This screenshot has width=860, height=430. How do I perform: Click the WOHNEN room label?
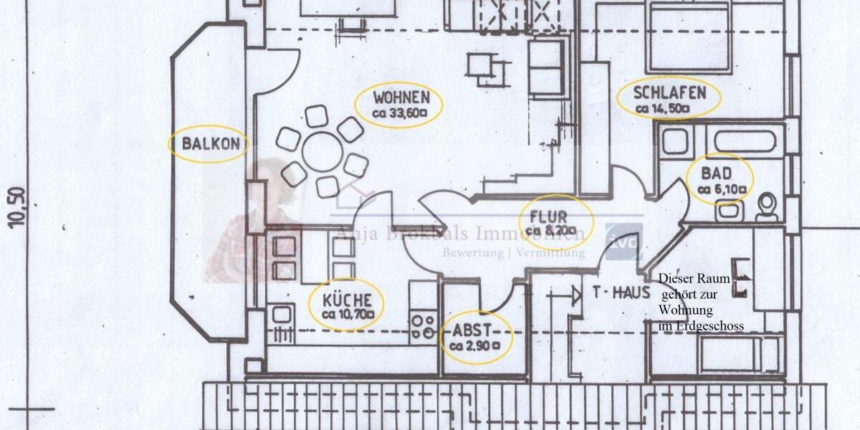401,97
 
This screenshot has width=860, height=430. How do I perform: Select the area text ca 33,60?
399,113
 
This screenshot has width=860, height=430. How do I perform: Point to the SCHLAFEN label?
669,93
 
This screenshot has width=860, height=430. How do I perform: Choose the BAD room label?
717,173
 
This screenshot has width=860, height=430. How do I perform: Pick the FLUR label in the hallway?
549,216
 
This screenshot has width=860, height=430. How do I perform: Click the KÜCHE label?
347,300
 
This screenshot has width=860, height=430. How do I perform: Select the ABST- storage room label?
472,331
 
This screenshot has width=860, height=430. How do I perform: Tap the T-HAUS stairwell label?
621,292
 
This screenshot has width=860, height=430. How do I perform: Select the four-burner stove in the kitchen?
424,327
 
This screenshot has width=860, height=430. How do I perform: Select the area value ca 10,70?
346,315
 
